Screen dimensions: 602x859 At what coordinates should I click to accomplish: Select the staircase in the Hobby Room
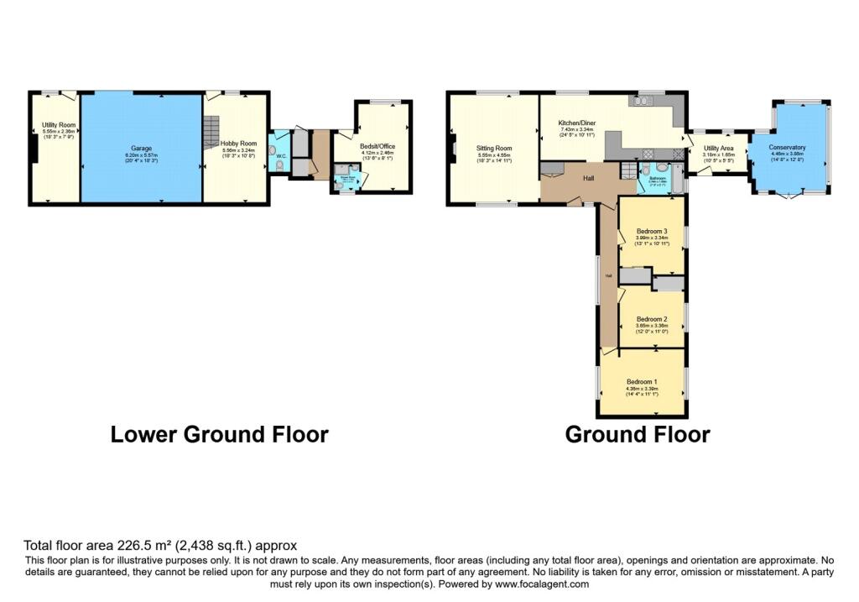(x=211, y=130)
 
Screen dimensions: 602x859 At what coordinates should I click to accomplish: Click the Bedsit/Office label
(x=377, y=147)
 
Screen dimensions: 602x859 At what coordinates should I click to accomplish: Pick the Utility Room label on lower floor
(x=60, y=125)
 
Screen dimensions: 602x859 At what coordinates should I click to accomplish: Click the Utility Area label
(x=718, y=148)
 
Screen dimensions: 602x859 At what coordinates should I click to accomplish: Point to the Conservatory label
(x=788, y=148)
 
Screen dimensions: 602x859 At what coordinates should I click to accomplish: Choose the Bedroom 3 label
(x=652, y=231)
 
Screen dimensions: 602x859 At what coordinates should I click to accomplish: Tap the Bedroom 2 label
(x=652, y=319)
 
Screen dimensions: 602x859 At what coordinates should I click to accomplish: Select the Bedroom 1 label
(x=642, y=382)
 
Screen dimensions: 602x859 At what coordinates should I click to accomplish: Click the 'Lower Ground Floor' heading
(x=219, y=434)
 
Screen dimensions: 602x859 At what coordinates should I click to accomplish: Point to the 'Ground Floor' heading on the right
(x=637, y=434)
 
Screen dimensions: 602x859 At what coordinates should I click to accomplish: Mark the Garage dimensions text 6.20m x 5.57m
(x=141, y=155)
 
